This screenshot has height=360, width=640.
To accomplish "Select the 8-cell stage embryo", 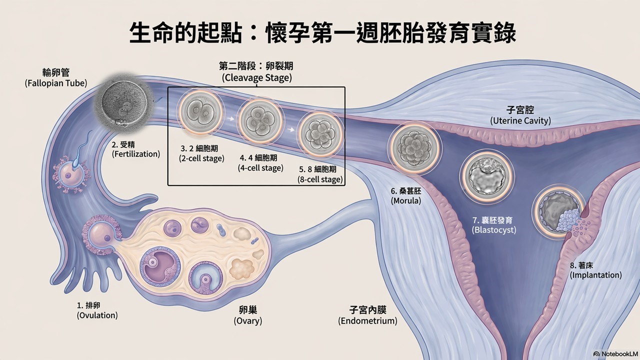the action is coord(320,133).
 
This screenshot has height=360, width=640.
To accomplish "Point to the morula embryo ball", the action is coord(415,148).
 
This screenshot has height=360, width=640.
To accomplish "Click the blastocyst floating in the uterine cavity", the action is coord(487,177).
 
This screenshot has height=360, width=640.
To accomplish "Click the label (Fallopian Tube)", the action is coord(56,83).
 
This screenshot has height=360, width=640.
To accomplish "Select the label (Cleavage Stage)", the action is coord(257,77).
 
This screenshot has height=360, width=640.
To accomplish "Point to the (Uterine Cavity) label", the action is coord(520,120).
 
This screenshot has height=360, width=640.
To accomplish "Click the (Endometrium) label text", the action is coord(367,321).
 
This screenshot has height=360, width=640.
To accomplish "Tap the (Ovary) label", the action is coord(248,321).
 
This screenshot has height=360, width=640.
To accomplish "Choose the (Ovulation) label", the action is coord(97,315).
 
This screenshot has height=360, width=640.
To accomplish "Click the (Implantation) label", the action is coord(595,275).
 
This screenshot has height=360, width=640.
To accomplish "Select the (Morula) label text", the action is coord(406,201).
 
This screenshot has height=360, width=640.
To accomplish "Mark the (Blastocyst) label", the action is coord(494,230).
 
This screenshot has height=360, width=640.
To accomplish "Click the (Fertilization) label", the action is coord(136,154).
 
